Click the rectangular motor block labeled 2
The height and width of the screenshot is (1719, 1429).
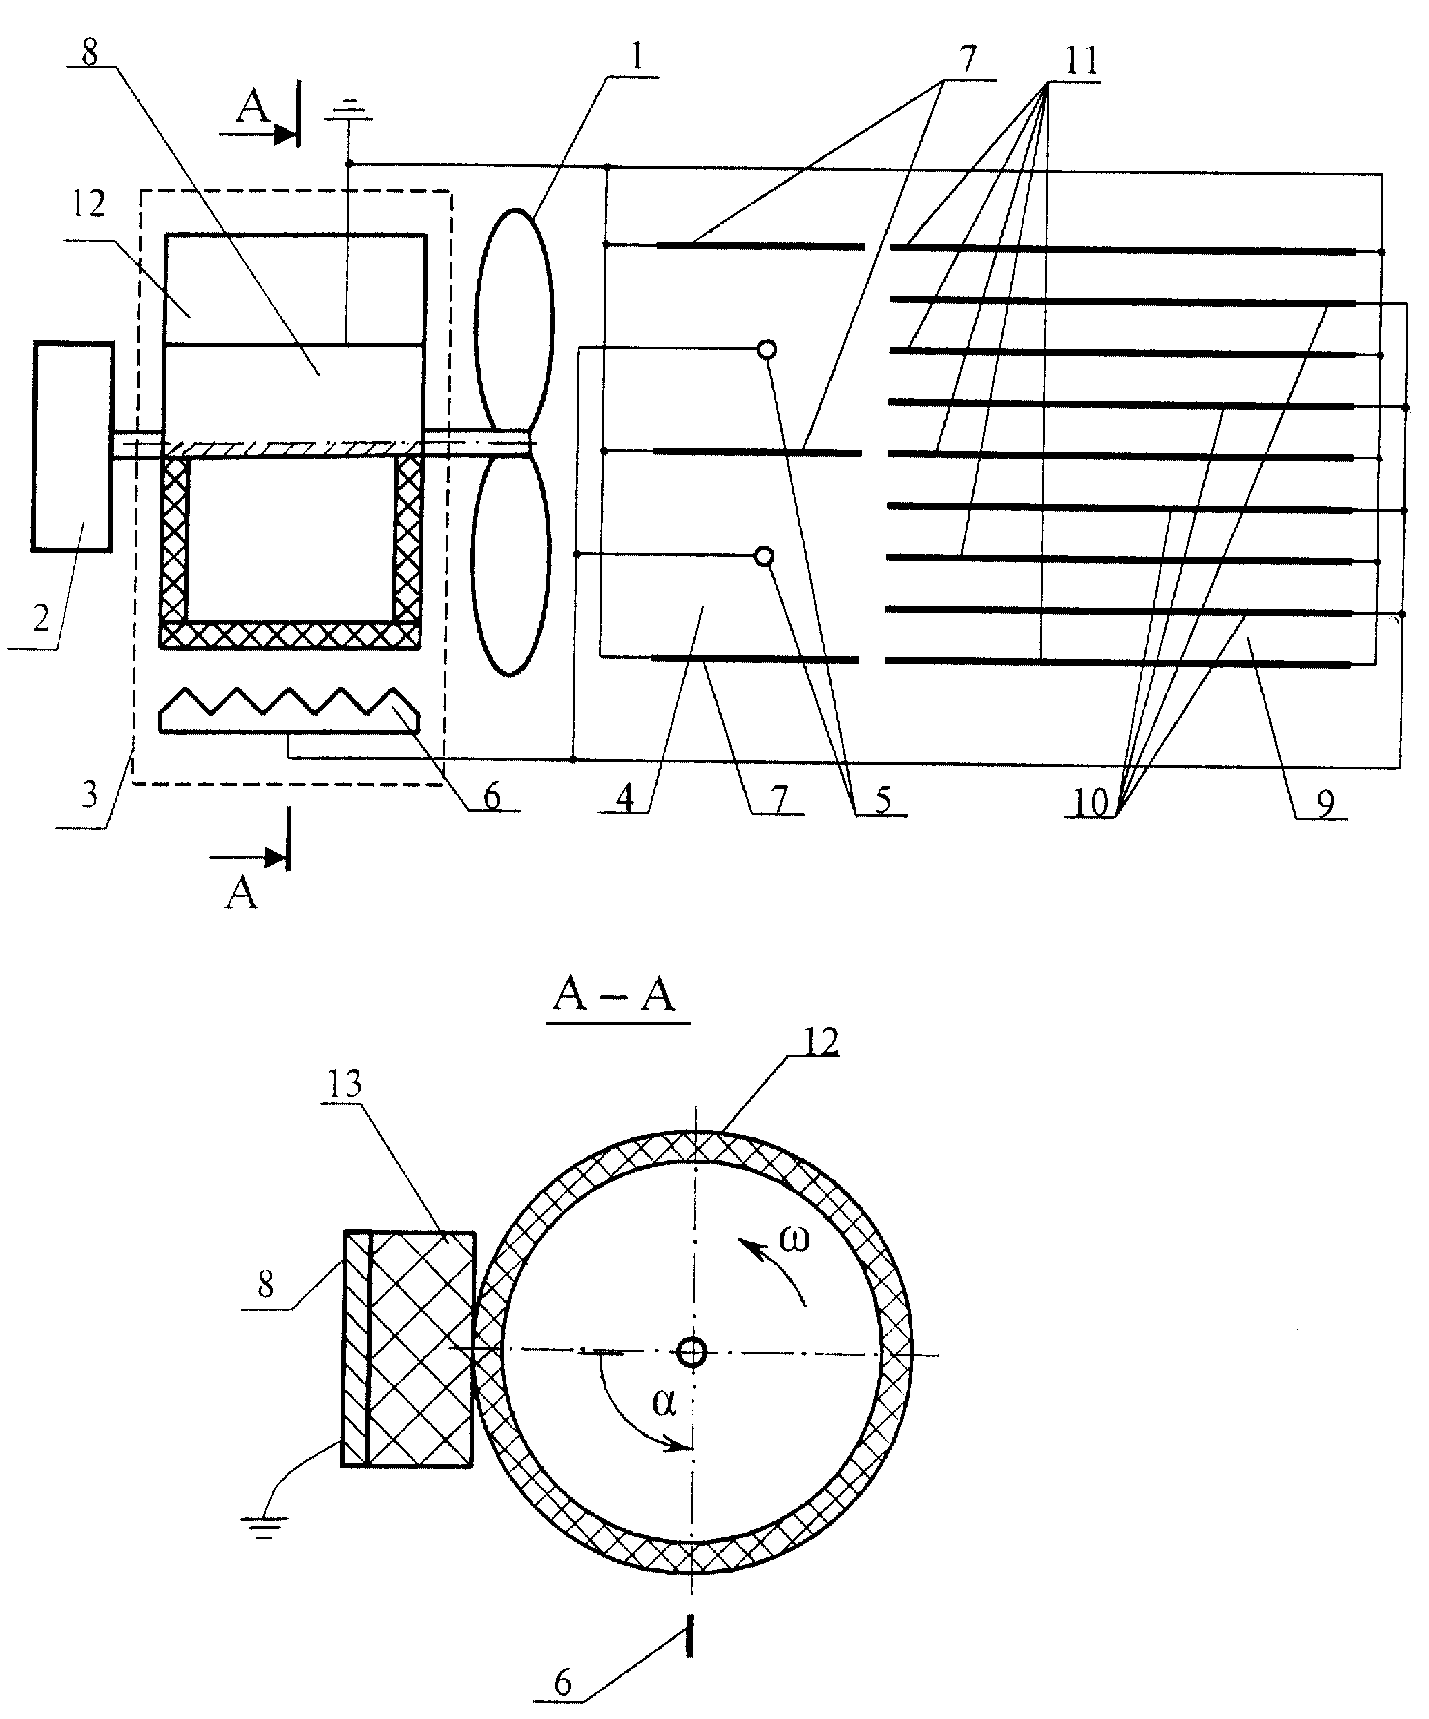(x=72, y=447)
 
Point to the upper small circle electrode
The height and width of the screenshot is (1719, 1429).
(x=766, y=350)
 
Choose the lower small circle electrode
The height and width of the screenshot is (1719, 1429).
(x=763, y=557)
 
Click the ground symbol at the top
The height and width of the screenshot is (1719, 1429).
(x=353, y=110)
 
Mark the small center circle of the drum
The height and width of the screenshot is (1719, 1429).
(x=693, y=1352)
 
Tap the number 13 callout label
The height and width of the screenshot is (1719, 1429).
(x=345, y=1084)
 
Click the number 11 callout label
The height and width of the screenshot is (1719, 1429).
(x=1081, y=60)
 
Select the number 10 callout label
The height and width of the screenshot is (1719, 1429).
(x=1091, y=803)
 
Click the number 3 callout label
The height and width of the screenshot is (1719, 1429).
(x=89, y=794)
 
